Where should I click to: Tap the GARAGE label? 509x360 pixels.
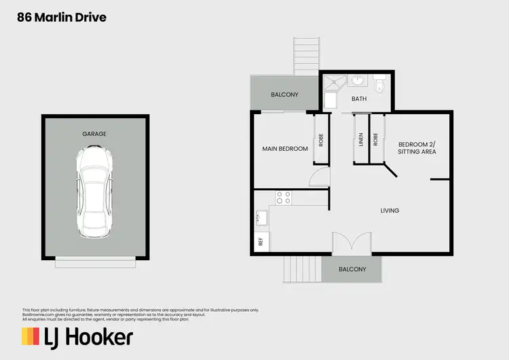(x=95, y=134)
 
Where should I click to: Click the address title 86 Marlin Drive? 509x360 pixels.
(x=62, y=18)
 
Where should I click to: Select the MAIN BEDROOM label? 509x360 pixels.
(x=285, y=149)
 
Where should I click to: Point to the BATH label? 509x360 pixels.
(x=359, y=99)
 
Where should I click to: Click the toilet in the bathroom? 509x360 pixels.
(x=381, y=86)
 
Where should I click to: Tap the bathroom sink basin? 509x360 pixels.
(x=360, y=82)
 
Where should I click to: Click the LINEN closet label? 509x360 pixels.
(x=360, y=139)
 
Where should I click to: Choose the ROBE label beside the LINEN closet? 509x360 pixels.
(x=376, y=139)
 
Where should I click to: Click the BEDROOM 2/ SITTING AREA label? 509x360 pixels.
(x=417, y=148)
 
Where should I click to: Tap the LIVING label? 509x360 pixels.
(x=390, y=211)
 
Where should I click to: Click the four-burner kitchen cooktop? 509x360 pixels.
(x=283, y=198)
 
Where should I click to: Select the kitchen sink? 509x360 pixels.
(x=261, y=219)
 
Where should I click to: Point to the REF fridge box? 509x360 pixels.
(x=260, y=242)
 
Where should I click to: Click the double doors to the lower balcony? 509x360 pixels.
(x=352, y=243)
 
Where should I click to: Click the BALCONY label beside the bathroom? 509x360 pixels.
(x=284, y=94)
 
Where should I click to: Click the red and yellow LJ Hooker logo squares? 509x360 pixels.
(x=31, y=336)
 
